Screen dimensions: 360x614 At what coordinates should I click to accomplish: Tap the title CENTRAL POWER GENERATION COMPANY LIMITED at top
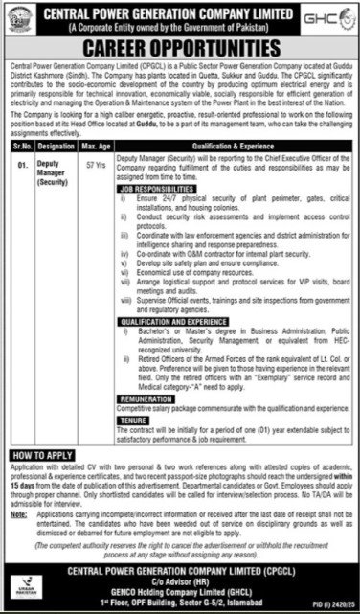click(180, 13)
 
